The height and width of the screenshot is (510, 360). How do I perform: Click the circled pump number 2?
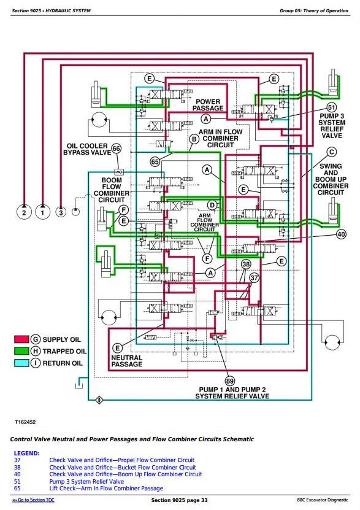24,212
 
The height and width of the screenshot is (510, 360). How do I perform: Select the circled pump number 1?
42,212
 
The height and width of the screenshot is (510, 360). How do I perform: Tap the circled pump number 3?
61,212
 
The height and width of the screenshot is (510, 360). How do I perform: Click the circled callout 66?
116,149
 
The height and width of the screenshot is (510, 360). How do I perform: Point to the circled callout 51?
331,107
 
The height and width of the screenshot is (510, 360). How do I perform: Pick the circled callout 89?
230,381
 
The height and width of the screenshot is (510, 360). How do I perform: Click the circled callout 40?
341,234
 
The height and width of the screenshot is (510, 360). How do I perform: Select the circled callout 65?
155,161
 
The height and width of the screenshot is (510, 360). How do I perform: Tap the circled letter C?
331,152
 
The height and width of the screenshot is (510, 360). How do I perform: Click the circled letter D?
212,205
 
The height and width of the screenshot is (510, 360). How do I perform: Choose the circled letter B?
194,139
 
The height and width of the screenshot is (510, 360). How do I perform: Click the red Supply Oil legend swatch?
21,339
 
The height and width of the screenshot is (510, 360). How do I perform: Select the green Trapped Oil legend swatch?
21,351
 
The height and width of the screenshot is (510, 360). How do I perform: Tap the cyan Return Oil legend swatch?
21,363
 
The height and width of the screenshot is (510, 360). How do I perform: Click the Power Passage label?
208,105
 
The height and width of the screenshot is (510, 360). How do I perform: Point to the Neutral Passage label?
127,361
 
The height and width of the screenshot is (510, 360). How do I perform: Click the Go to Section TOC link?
33,500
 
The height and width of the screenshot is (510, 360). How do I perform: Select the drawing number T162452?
25,422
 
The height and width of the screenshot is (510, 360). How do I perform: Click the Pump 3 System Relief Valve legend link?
86,481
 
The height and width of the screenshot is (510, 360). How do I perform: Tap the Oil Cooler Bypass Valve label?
87,149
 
